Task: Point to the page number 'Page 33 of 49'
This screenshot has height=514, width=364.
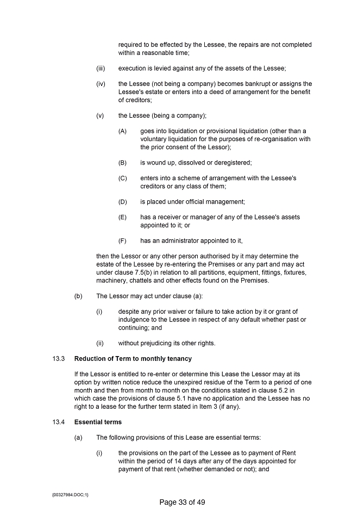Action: (x=182, y=502)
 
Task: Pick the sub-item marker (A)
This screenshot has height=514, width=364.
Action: (x=122, y=131)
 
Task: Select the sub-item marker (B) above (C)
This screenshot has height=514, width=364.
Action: (x=122, y=162)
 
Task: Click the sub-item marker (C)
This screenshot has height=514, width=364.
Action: (x=122, y=178)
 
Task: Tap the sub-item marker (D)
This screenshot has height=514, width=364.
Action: (x=122, y=202)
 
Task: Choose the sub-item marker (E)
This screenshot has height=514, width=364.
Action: (x=122, y=217)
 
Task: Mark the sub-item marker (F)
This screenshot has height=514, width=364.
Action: (x=122, y=240)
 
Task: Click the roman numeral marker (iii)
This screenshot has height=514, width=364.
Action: (x=101, y=68)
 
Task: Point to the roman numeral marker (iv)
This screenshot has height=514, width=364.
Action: (x=101, y=84)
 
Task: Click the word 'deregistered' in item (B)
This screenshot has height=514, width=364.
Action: (x=233, y=162)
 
